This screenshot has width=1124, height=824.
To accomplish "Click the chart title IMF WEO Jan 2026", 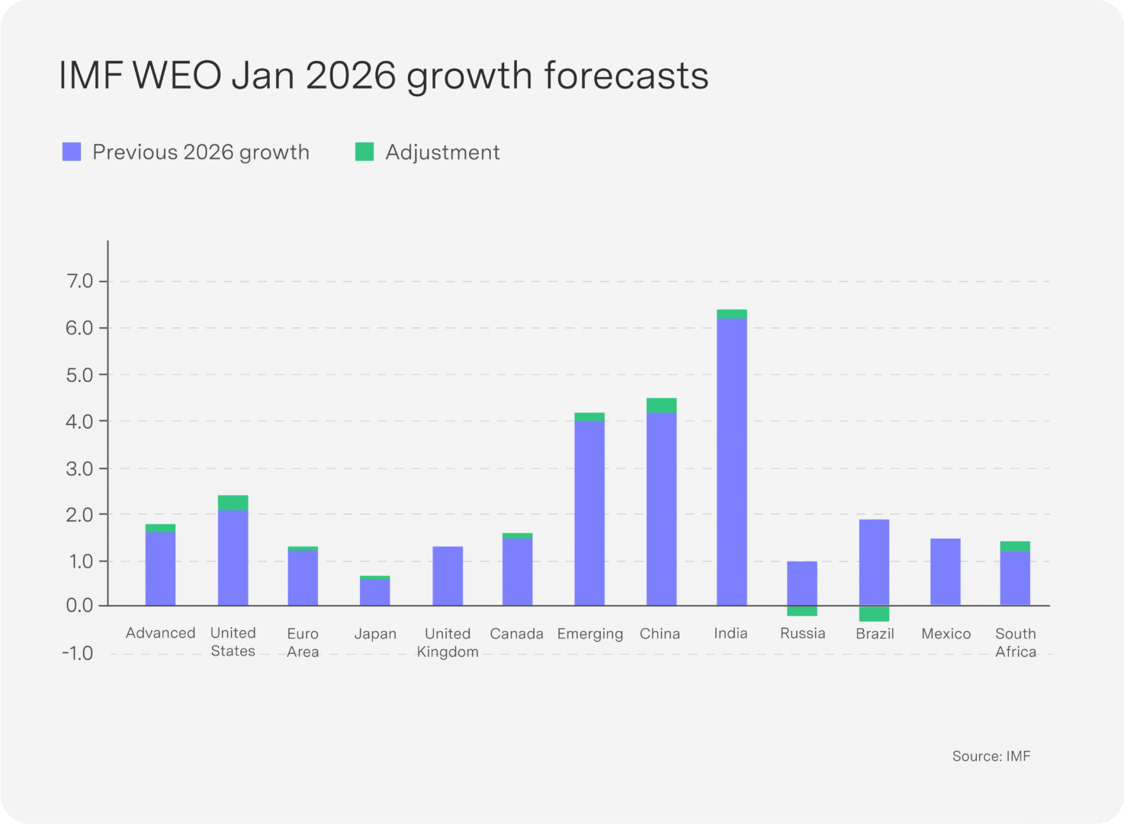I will tap(384, 76).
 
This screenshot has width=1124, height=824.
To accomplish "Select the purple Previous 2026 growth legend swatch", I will tap(72, 152).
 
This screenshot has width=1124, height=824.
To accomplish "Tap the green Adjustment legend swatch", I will tap(364, 152).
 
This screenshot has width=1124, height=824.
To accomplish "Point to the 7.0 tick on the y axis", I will tap(79, 282).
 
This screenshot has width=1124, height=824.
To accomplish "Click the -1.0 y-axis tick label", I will tap(78, 654).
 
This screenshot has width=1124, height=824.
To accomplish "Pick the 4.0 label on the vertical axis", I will tap(79, 421).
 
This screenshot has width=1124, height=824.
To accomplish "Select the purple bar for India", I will tap(731, 462).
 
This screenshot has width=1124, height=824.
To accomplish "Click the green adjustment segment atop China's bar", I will tap(661, 405).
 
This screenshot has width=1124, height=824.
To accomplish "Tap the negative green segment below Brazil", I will tap(874, 613).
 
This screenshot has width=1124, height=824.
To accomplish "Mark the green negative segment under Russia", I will tap(802, 610).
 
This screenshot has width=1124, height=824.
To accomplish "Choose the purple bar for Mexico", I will tap(945, 572).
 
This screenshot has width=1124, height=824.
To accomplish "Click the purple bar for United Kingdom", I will tap(448, 576).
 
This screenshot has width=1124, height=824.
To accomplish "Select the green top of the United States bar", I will tap(233, 503).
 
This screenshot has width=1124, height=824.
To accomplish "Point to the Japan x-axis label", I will tap(375, 634).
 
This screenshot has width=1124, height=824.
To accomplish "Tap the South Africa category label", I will tap(1016, 642).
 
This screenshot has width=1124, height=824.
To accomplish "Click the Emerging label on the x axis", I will tap(590, 634).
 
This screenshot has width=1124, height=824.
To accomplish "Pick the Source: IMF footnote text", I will tap(991, 756).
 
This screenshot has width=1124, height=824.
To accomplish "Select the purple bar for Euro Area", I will tap(303, 578).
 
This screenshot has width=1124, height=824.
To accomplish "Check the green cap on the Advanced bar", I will tap(160, 528).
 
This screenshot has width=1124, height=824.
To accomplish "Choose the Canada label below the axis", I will tap(516, 634).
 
